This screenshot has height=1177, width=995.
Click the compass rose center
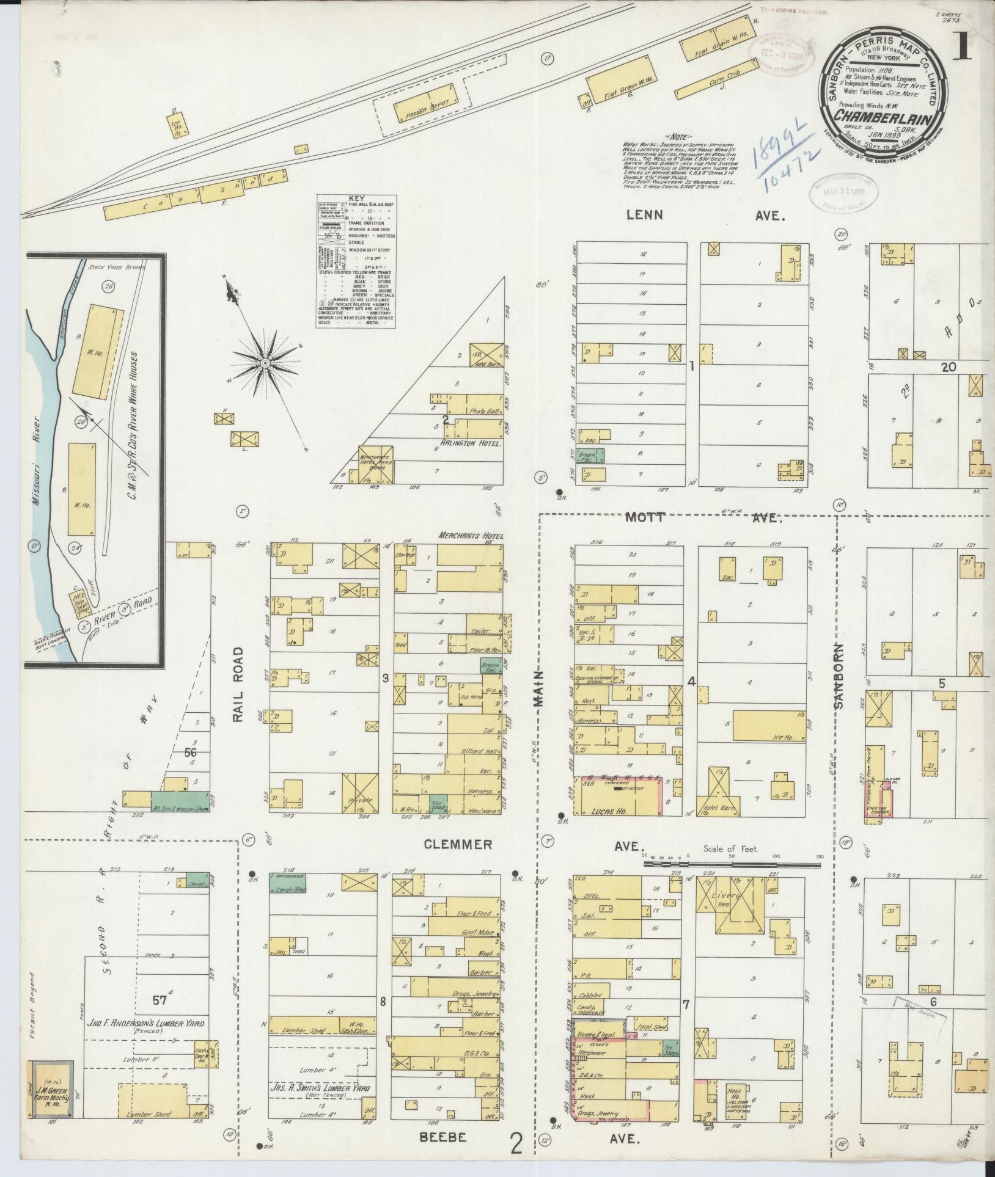265,363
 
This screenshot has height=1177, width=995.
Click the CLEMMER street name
458,845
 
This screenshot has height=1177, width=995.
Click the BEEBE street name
443,1138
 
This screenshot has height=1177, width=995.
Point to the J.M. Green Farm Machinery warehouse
53,1089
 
